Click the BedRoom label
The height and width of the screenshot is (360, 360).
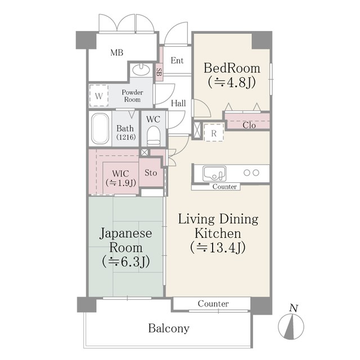click(232, 68)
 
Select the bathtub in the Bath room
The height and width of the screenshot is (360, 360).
click(100, 129)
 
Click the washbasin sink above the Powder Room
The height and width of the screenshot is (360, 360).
click(141, 70)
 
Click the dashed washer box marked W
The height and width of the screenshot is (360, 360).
click(99, 96)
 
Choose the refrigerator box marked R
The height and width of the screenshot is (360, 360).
click(214, 133)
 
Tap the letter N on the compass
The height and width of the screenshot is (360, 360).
click(294, 308)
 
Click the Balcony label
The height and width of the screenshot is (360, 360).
click(169, 328)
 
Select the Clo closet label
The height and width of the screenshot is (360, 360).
click(249, 125)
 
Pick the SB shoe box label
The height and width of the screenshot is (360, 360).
click(159, 72)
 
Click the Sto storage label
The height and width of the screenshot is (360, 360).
click(151, 173)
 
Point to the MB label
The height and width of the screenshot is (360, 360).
click(117, 52)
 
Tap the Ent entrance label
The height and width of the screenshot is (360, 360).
click(177, 60)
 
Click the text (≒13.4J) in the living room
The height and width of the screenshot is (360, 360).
click(218, 247)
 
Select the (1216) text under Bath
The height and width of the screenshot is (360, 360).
click(126, 137)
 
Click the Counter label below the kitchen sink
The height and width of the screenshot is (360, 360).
click(224, 187)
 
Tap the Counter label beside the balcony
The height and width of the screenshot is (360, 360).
click(213, 304)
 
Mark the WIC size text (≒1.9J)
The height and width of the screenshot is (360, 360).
click(121, 183)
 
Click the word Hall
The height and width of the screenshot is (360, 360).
click(178, 103)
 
